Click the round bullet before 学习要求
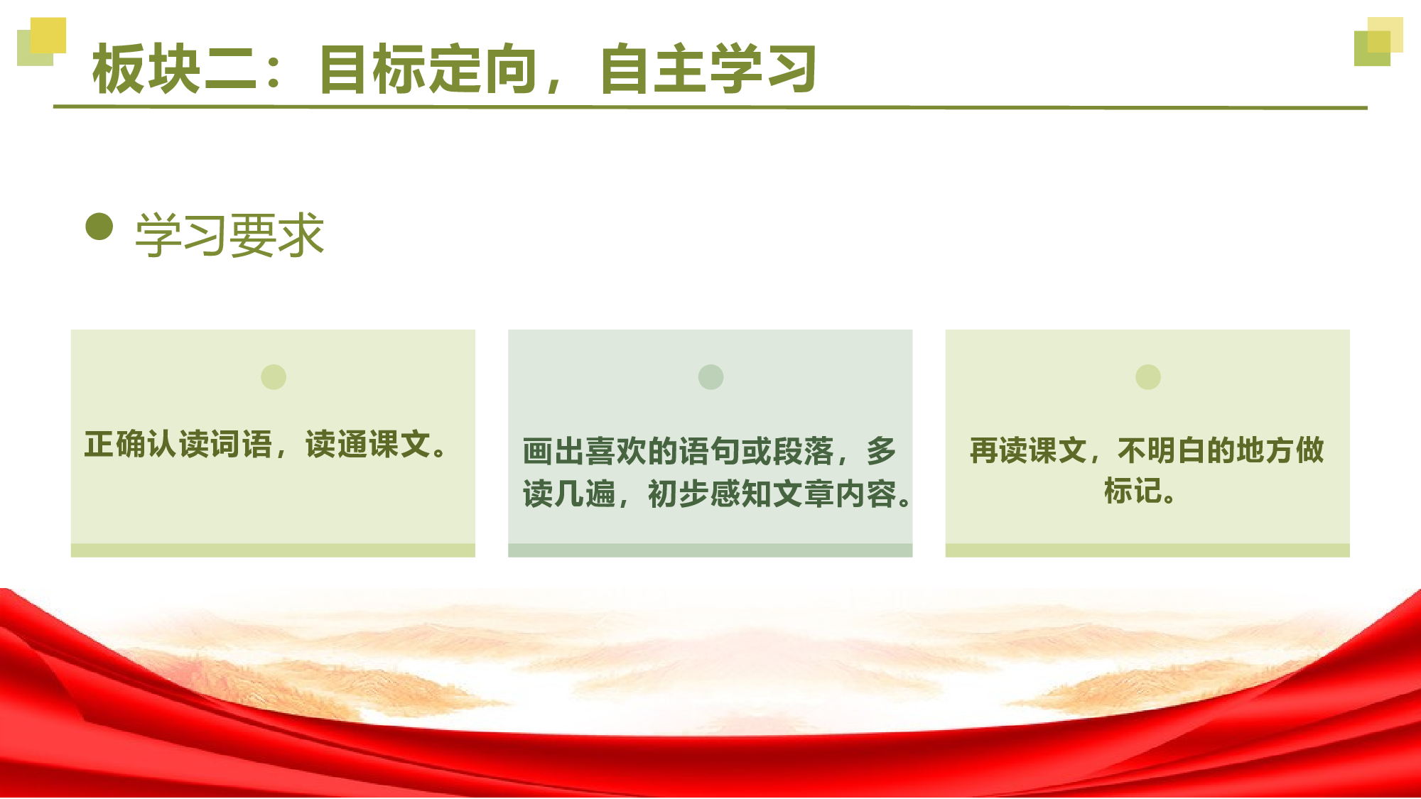pyautogui.click(x=99, y=227)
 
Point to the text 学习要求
pyautogui.click(x=229, y=235)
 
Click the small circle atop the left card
pyautogui.click(x=274, y=377)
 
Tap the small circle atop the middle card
pyautogui.click(x=710, y=377)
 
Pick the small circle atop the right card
pyautogui.click(x=1148, y=377)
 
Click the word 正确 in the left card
pyautogui.click(x=115, y=445)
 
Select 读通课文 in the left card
pyautogui.click(x=367, y=445)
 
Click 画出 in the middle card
pyautogui.click(x=553, y=452)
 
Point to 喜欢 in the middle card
pyautogui.click(x=615, y=452)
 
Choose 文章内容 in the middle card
pyautogui.click(x=835, y=494)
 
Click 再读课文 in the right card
pyautogui.click(x=1028, y=450)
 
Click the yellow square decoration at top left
pyautogui.click(x=48, y=35)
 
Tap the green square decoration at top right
pyautogui.click(x=1371, y=48)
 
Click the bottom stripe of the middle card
pyautogui.click(x=710, y=550)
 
